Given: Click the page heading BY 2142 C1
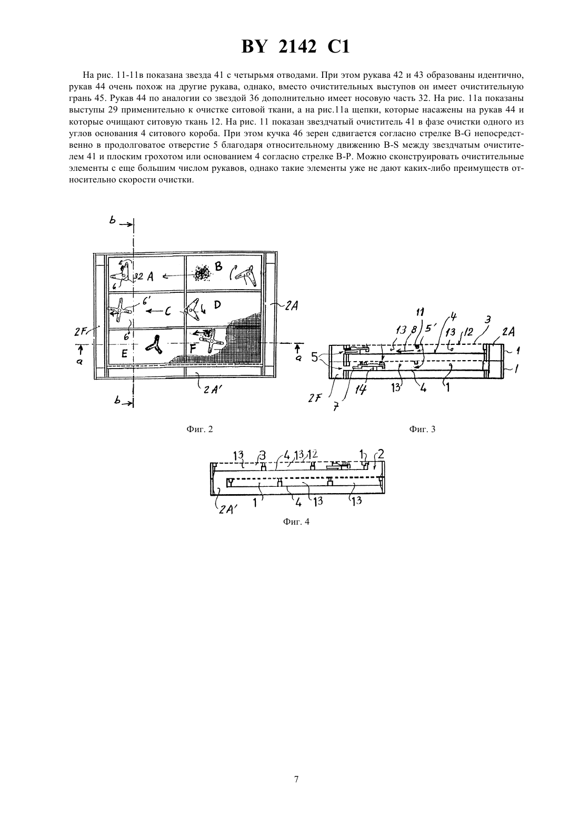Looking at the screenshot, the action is (295, 47).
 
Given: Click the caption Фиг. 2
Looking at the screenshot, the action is (199, 429).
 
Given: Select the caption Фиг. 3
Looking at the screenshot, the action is (422, 429).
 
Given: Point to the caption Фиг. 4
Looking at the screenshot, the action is (296, 522).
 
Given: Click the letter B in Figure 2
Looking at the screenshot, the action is (218, 266).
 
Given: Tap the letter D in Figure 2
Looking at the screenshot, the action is (217, 304).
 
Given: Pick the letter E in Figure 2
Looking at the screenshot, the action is (124, 353).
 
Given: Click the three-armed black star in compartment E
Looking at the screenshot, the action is (154, 344).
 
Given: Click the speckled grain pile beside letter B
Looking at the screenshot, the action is (201, 272).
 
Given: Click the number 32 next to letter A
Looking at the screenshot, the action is (138, 277).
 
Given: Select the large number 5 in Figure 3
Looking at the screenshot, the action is (315, 356).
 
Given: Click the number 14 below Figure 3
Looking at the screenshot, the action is (361, 391).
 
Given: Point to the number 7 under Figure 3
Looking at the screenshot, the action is (336, 406).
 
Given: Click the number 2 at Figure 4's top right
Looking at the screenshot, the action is (381, 454).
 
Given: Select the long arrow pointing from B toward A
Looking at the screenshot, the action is (175, 277).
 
